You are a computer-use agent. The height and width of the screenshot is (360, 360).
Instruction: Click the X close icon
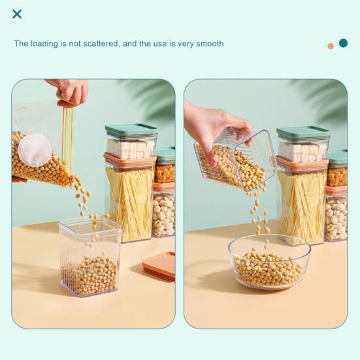(17, 14)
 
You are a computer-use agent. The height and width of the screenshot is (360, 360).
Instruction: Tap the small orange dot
(331, 46)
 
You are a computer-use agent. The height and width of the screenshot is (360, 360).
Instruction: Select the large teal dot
(343, 43)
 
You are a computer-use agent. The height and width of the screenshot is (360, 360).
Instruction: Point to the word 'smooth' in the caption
(210, 43)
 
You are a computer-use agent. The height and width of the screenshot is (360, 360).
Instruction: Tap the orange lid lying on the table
(159, 267)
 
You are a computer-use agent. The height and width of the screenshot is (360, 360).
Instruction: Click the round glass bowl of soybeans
(269, 262)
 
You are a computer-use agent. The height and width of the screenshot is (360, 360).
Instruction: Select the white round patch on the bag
(35, 150)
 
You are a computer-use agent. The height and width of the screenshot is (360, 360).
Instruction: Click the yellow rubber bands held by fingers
(67, 147)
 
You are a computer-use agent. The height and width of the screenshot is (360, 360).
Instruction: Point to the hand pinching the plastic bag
(69, 93)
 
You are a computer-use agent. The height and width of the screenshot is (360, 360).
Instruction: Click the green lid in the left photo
(131, 129)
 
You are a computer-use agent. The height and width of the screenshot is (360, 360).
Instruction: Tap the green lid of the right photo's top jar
(303, 133)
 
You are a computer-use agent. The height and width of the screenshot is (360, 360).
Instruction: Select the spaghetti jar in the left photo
(130, 197)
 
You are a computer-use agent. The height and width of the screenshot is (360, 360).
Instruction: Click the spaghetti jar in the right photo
(302, 201)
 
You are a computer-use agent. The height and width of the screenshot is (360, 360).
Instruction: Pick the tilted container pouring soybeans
(235, 159)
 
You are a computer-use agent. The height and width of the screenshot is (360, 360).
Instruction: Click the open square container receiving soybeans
(90, 257)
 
